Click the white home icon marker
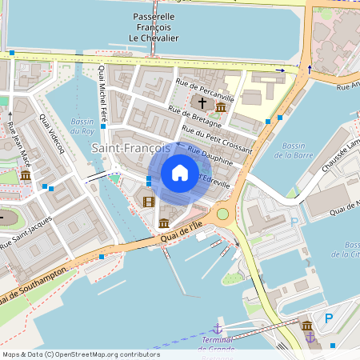(180, 173)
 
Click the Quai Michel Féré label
(102, 97)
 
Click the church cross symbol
(202, 104)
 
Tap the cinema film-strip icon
(147, 201)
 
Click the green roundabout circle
(222, 214)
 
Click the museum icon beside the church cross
(220, 107)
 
